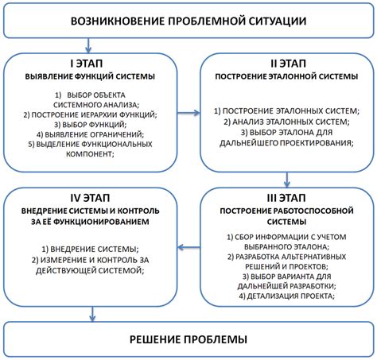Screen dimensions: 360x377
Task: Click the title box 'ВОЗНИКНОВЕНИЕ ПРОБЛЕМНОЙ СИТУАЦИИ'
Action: click(188, 21)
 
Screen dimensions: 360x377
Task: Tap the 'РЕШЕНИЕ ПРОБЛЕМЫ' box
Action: click(188, 339)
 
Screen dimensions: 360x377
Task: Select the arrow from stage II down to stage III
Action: click(285, 179)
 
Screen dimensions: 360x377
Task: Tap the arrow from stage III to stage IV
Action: click(188, 249)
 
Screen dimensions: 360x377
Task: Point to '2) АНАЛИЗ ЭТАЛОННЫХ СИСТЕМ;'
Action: click(284, 121)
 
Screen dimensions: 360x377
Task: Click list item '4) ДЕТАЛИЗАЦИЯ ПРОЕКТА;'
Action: click(284, 296)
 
